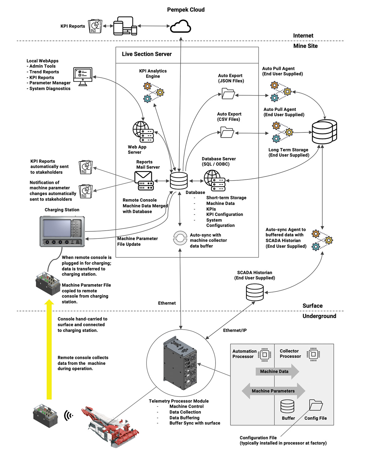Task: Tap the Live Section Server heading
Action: (147, 54)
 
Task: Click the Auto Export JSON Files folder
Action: (228, 93)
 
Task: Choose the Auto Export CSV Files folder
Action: (227, 132)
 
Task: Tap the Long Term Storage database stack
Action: (324, 132)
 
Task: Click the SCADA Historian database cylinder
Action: (255, 292)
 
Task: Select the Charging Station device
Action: (62, 231)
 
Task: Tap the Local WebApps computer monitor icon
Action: (83, 76)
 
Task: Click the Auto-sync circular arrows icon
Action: (180, 238)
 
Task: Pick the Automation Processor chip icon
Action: (265, 354)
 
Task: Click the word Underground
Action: (319, 316)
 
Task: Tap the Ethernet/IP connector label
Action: (235, 330)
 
